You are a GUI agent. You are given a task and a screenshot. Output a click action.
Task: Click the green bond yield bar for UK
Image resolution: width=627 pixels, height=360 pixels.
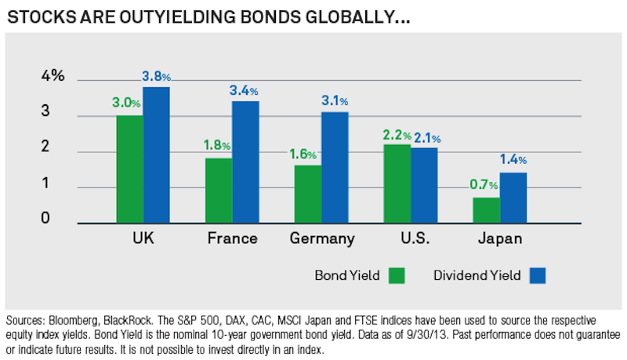coord(129,169)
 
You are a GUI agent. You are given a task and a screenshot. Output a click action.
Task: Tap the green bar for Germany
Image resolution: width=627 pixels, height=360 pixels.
coord(307,194)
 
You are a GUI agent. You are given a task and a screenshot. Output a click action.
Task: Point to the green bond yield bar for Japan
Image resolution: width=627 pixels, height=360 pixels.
coord(487,210)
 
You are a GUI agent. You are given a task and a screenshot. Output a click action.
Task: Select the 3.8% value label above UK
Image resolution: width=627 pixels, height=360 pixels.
coord(157,77)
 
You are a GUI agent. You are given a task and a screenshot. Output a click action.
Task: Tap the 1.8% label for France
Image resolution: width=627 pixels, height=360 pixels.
coord(216,145)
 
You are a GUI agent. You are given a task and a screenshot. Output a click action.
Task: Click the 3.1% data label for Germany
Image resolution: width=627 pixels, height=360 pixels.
coord(335,101)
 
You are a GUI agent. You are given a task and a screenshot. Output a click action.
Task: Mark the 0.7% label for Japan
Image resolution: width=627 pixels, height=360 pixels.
coord(484,185)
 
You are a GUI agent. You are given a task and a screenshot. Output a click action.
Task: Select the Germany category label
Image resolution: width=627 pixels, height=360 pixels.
coord(322,238)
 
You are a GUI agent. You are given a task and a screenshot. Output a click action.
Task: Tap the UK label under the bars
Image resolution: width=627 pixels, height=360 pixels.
coord(143,238)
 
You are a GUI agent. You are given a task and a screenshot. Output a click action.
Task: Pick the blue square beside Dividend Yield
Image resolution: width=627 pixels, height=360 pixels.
coord(537,275)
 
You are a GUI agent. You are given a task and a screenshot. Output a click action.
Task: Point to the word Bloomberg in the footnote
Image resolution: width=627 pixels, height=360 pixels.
coord(80,322)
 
